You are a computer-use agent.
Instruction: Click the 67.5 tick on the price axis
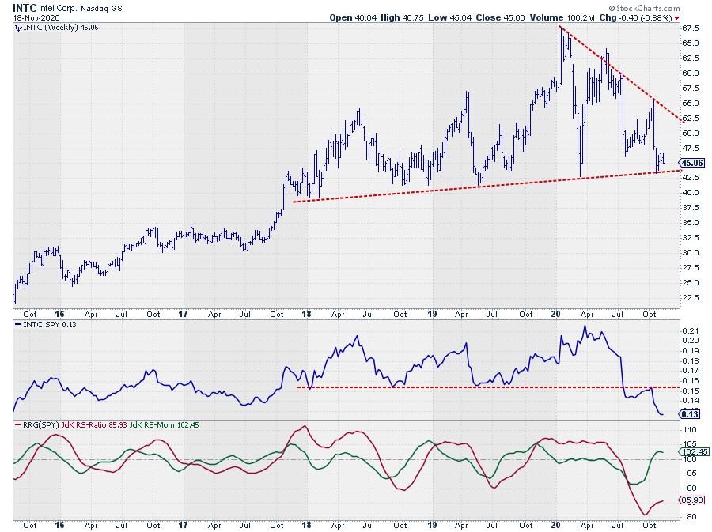coord(690,28)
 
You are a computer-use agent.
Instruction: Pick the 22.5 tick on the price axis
coord(690,297)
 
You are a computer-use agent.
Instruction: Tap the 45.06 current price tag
coord(691,163)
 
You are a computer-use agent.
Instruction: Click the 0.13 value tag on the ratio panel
coord(689,413)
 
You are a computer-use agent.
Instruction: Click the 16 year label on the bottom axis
coord(59,524)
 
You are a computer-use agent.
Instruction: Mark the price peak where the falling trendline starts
coord(561,28)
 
